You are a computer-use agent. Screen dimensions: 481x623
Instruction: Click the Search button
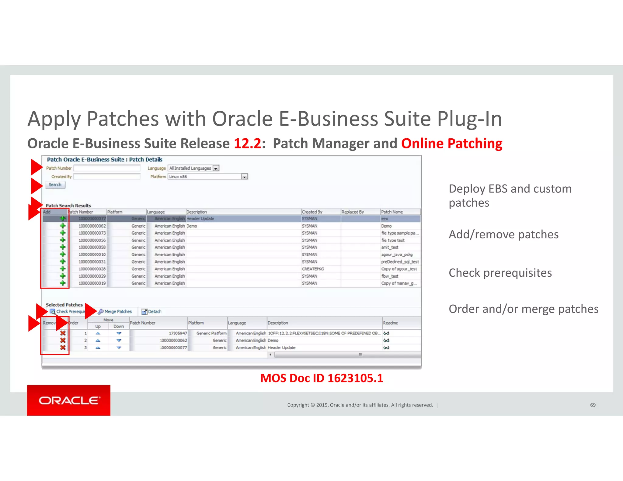coord(55,185)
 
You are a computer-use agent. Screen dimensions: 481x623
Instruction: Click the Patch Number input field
coord(107,168)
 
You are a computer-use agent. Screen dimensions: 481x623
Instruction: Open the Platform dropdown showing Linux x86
coord(244,177)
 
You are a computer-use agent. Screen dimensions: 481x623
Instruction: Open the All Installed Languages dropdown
coord(216,168)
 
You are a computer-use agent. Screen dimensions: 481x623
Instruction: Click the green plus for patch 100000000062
coord(63,226)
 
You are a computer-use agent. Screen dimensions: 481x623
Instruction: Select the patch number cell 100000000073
coord(92,233)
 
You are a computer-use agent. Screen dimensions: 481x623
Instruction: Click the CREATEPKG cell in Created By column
coord(313,269)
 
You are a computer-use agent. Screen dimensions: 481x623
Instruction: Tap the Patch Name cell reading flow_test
coord(390,276)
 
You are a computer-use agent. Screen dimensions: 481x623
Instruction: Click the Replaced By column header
coord(353,212)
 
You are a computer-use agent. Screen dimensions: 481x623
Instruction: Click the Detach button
coord(152,312)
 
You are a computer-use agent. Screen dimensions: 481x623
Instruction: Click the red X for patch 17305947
coord(63,333)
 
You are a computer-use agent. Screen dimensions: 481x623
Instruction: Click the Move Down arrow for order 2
coord(119,341)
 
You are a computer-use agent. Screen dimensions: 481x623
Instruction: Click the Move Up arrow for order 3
coord(98,348)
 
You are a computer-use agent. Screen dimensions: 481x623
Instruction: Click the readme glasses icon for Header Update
coord(386,348)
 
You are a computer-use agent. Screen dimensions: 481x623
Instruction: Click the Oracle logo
coord(69,400)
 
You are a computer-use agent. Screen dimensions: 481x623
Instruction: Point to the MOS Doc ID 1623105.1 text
coord(322,378)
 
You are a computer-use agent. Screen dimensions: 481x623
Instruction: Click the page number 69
coord(593,405)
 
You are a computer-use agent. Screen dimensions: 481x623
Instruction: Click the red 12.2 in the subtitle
coord(247,144)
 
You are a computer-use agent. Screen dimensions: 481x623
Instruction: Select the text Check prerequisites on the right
coord(500,273)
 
